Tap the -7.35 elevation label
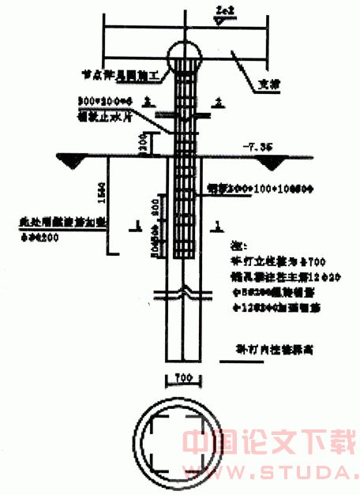259,147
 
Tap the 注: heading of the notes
231,246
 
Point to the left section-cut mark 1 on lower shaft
140,227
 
